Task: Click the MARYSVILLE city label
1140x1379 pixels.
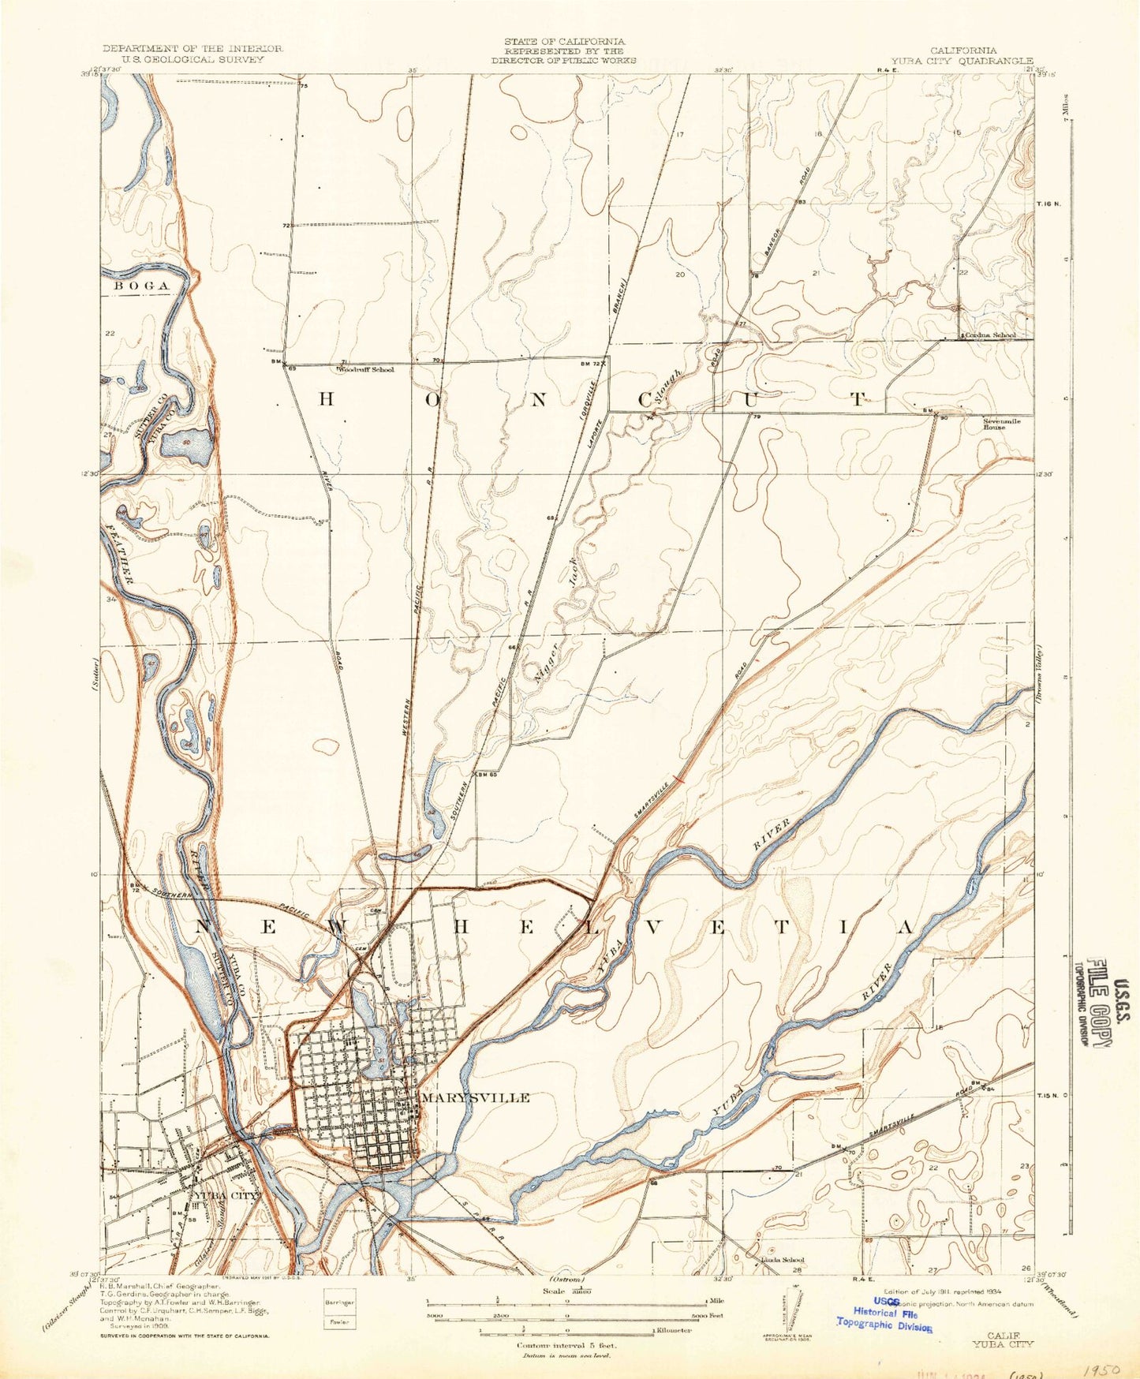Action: click(476, 1097)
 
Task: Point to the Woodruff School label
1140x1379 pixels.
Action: click(366, 368)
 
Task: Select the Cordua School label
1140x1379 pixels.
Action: click(989, 335)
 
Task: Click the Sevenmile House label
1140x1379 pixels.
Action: click(1002, 424)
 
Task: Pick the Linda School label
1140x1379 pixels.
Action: click(781, 1282)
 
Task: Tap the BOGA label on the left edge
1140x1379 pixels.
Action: click(142, 285)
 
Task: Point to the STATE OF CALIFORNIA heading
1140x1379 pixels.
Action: click(564, 41)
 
